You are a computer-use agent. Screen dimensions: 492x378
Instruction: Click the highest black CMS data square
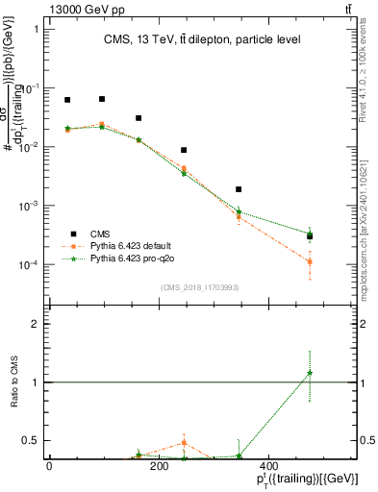pos(102,99)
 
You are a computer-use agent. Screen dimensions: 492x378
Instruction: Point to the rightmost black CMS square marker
pos(310,236)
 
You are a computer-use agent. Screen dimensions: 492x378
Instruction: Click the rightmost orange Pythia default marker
pos(310,261)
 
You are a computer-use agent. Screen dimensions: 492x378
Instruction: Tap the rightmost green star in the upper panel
pos(310,232)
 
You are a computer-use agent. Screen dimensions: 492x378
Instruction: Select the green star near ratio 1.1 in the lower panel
pos(310,373)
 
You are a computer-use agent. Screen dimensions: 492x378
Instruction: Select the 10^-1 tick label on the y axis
pos(32,88)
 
